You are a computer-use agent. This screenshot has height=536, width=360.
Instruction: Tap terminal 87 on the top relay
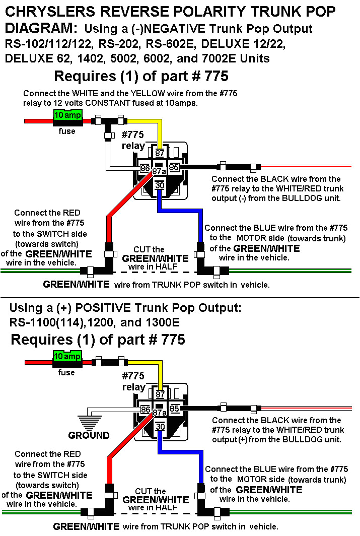[160, 153]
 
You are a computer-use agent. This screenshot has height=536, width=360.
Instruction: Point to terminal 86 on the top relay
[145, 168]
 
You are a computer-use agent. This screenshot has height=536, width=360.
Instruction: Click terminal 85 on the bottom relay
[174, 409]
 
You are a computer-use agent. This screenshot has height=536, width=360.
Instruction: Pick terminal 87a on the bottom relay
[160, 412]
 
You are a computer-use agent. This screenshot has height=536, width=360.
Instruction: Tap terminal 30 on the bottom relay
[160, 426]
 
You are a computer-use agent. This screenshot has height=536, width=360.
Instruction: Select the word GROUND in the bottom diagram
[89, 435]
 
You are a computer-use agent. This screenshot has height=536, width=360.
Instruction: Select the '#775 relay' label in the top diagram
[133, 141]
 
